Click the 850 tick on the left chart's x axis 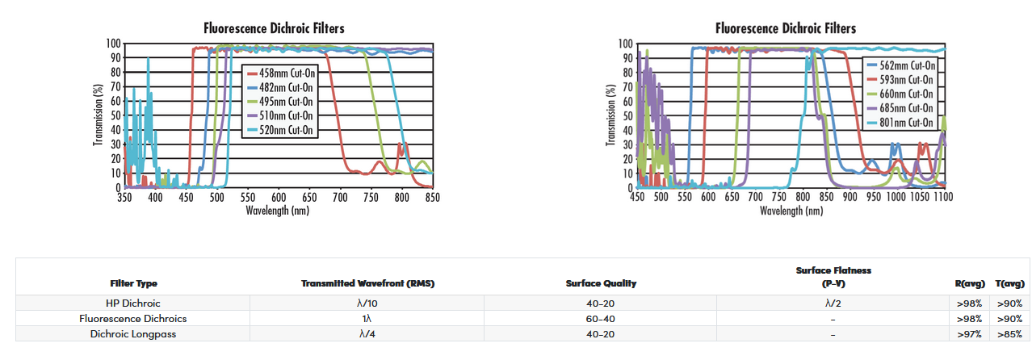click(x=433, y=196)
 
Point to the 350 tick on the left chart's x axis click(x=124, y=196)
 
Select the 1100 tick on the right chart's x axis click(x=942, y=196)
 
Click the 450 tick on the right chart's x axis click(x=637, y=196)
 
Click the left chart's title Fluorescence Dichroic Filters click(x=274, y=28)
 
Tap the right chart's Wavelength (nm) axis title click(x=791, y=210)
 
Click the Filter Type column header click(x=133, y=283)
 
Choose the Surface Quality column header click(x=601, y=283)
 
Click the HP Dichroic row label click(x=133, y=303)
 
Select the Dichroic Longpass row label click(x=133, y=333)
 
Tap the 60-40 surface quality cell click(x=601, y=318)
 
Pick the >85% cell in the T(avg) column click(x=1009, y=333)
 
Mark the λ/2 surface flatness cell click(x=833, y=303)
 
